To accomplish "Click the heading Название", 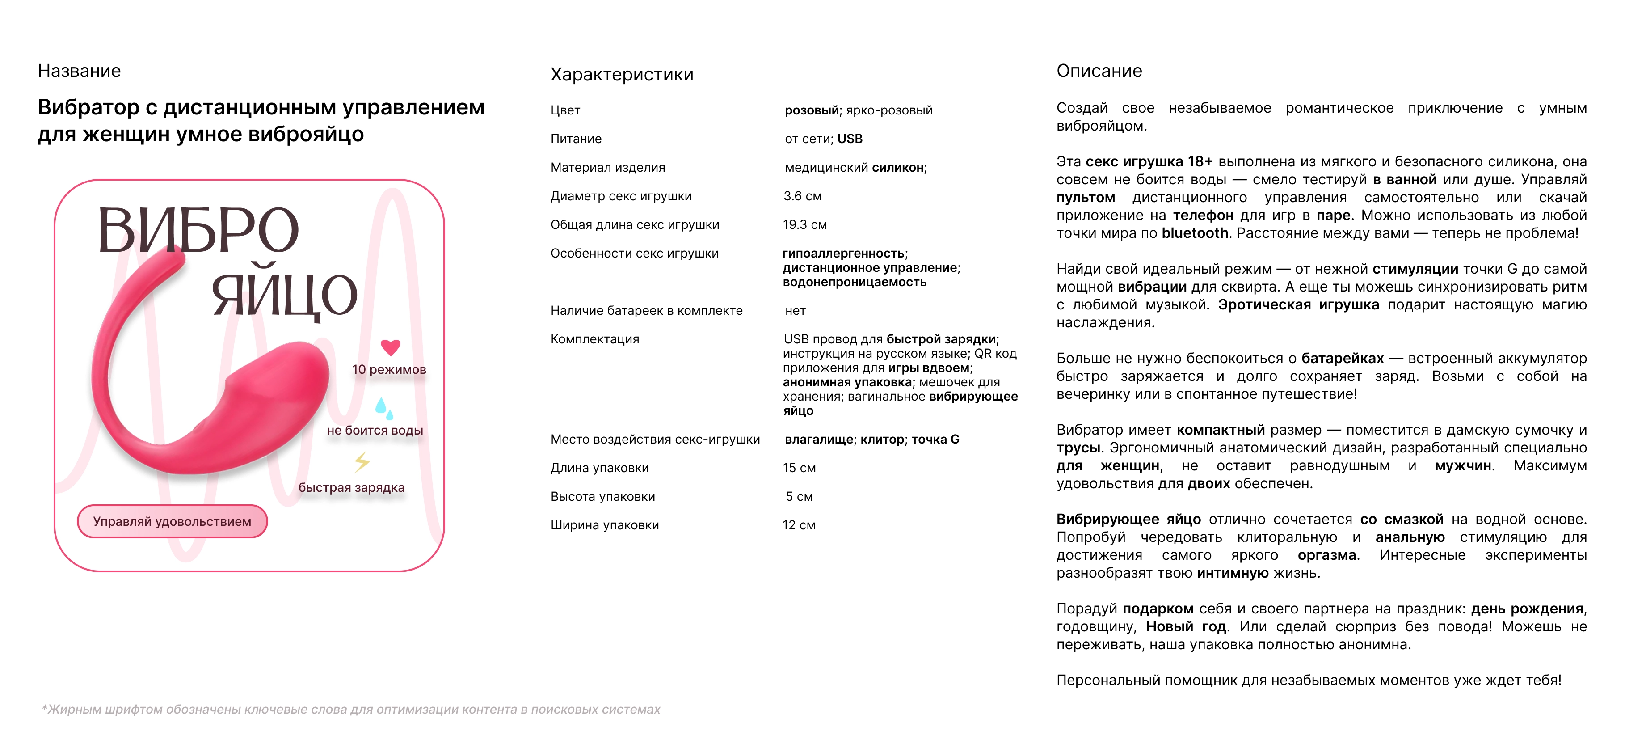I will coord(79,71).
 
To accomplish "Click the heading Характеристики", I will coord(621,75).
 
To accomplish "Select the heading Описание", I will coord(1099,71).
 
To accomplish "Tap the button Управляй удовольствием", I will coord(172,521).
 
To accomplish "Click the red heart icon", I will coord(391,347).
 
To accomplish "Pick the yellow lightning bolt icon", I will coord(362,462).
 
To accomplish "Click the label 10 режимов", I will coord(388,370).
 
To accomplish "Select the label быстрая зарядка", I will coord(351,487).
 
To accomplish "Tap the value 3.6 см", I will coord(802,196).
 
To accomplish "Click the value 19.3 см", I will coord(804,224).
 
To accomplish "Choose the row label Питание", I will coord(576,139).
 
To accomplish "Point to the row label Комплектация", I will coord(594,339).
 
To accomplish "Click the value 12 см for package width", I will coord(799,525).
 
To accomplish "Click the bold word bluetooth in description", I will coord(1195,233).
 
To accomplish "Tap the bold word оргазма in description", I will coord(1326,555).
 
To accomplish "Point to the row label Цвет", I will coord(565,110).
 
